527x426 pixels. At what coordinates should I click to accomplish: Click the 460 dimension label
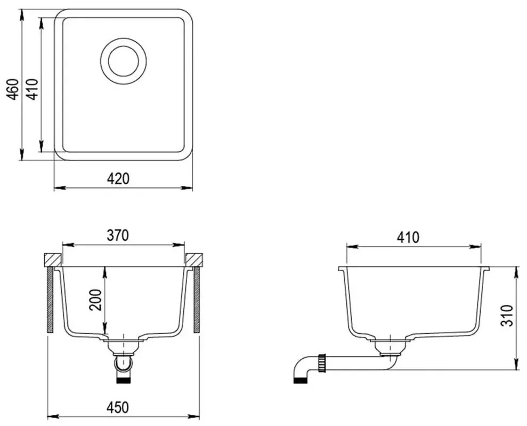(12, 89)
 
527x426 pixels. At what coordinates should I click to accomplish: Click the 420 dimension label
(118, 179)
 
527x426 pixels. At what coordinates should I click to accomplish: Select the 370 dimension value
(118, 235)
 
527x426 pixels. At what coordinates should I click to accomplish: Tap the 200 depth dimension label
(95, 299)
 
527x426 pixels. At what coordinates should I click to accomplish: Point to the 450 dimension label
(118, 407)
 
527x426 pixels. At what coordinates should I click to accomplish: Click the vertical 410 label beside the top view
(33, 89)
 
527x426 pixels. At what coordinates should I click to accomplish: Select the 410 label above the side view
(408, 238)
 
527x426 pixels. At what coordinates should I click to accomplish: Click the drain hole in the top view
(123, 61)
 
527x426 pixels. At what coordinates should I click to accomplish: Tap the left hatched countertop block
(52, 259)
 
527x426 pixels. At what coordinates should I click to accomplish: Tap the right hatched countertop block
(194, 259)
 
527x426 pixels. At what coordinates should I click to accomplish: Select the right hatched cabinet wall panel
(197, 299)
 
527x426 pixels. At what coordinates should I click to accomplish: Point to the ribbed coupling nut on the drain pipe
(322, 363)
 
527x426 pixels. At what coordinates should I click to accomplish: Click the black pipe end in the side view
(301, 381)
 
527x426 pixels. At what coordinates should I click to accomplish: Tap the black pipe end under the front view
(123, 381)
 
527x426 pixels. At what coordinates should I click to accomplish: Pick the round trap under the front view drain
(123, 363)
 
